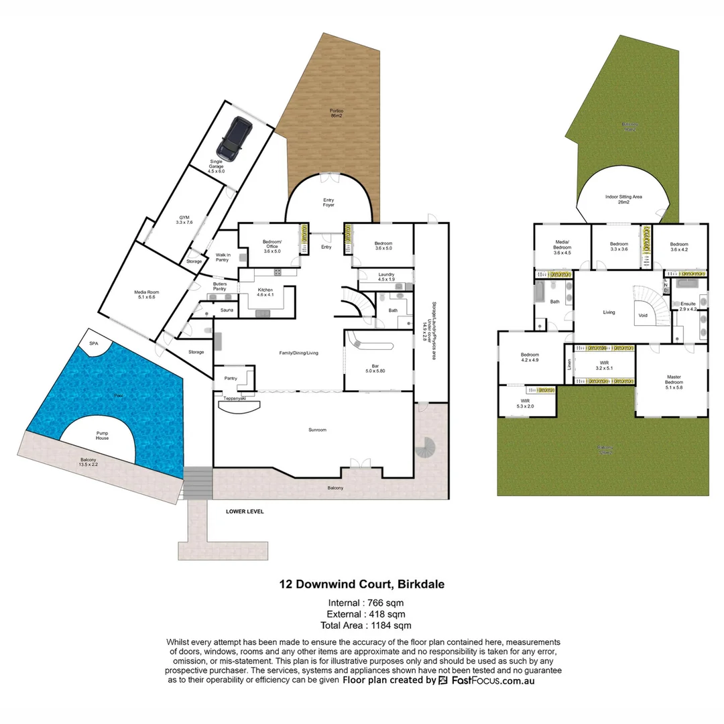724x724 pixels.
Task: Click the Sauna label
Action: (x=227, y=310)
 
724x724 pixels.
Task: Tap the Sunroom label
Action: (x=317, y=430)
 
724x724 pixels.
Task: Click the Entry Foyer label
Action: (x=328, y=202)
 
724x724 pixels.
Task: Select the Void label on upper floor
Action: (x=643, y=315)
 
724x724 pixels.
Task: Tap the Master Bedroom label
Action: (x=674, y=380)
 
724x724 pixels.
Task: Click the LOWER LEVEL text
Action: (x=245, y=511)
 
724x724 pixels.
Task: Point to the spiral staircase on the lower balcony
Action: (x=426, y=446)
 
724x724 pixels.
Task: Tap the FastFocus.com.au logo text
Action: (x=493, y=680)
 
